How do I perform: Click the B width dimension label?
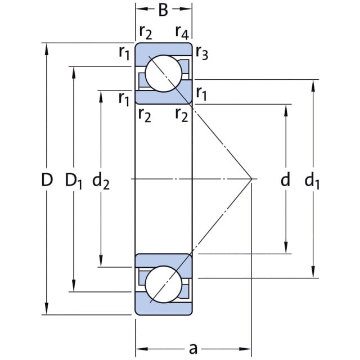point(163,10)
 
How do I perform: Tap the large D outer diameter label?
point(47,179)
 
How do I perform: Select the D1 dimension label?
point(74,181)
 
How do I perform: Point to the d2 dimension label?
point(101,181)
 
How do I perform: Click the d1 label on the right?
point(312,181)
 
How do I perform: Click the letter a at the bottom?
point(193,349)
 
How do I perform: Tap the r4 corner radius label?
point(182,33)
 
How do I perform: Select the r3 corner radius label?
point(202,53)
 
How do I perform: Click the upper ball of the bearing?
point(164,74)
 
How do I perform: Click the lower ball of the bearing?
point(164,284)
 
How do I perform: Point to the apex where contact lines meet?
point(252,179)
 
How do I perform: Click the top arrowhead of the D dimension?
point(47,49)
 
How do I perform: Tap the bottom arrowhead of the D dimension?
point(47,309)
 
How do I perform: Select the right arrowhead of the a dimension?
point(246,349)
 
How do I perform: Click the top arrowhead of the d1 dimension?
point(313,85)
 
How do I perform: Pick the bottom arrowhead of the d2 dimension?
point(101,261)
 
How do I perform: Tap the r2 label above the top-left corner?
point(146,33)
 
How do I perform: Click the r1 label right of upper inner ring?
point(201,94)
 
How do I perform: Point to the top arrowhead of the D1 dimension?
point(74,73)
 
